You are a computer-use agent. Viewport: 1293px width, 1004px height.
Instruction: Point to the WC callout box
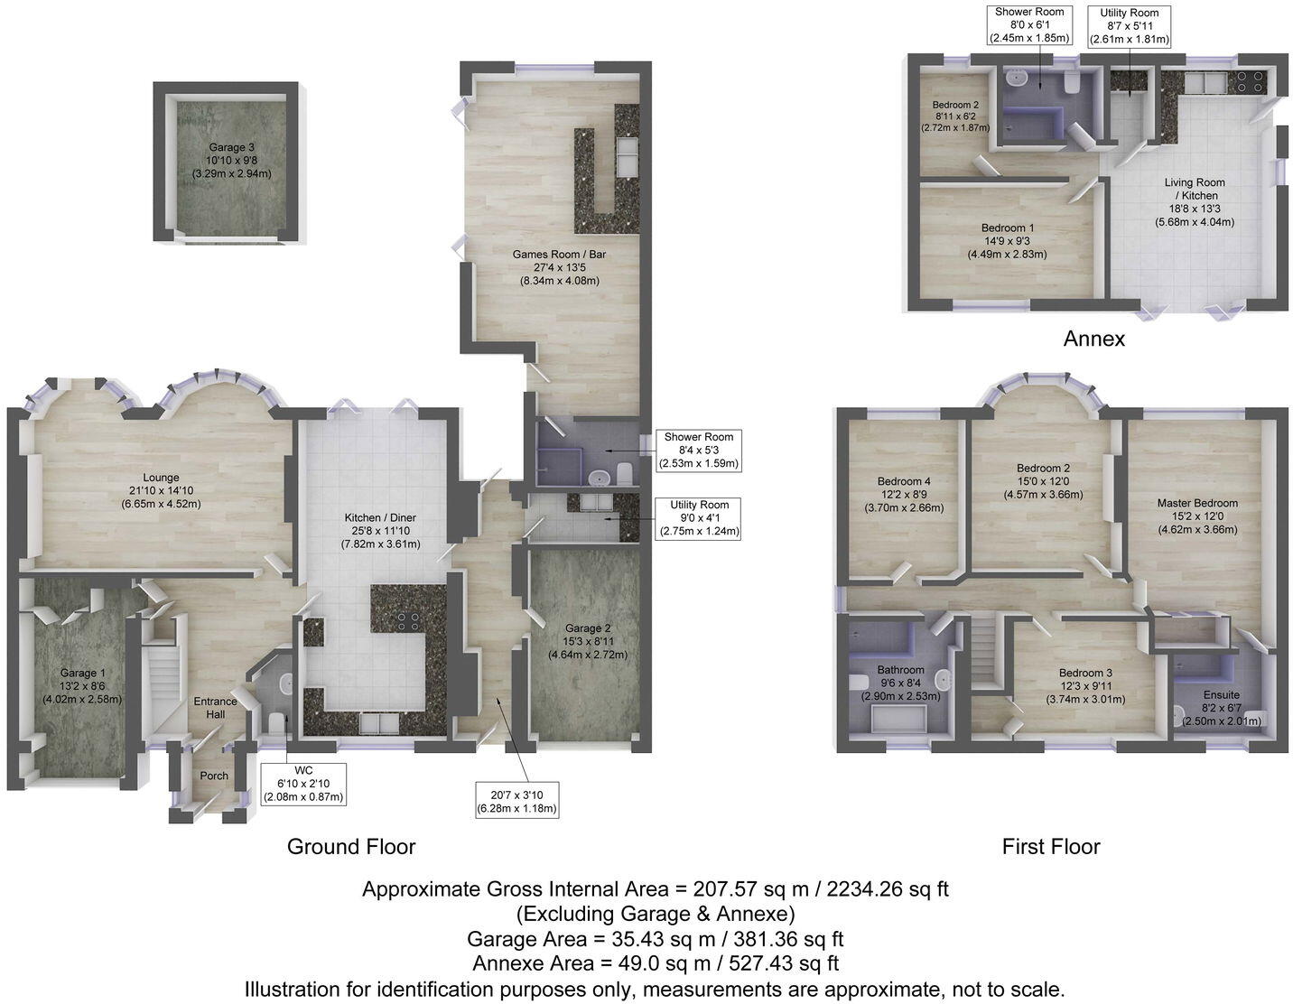click(303, 784)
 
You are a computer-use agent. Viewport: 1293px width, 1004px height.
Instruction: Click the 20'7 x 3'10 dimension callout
click(516, 800)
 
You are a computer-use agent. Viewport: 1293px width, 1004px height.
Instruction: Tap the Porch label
click(214, 776)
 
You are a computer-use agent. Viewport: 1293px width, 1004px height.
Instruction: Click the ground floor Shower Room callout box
click(699, 450)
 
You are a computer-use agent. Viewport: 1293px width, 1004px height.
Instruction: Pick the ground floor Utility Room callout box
click(699, 518)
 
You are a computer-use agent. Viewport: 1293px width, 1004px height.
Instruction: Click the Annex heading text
click(1093, 339)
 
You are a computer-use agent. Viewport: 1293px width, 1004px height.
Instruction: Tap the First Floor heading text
click(1050, 846)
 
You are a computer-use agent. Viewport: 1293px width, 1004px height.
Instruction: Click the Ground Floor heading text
click(350, 846)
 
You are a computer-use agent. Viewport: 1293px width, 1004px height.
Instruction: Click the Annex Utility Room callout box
click(1129, 26)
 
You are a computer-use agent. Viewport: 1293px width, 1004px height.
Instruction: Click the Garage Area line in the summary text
click(655, 939)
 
